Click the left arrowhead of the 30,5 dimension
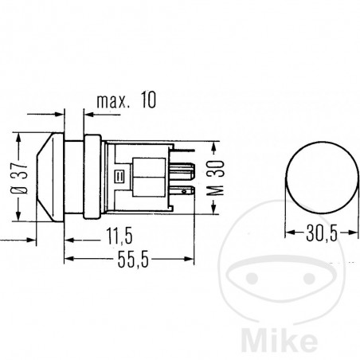[x=288, y=234]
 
